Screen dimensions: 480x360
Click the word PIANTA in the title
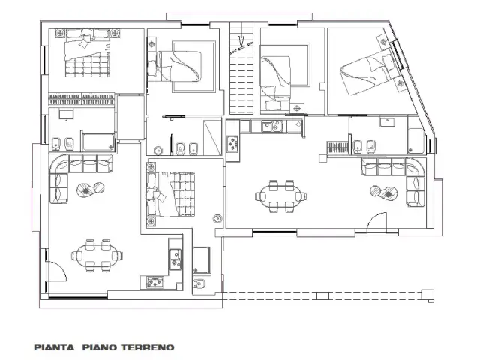(54, 347)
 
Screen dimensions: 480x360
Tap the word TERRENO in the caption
(148, 347)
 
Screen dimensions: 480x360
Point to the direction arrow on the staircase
(241, 42)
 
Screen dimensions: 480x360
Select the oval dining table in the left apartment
(97, 256)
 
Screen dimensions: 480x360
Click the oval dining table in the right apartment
(280, 196)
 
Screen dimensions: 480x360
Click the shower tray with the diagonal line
(211, 137)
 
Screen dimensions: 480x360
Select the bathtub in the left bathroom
(98, 142)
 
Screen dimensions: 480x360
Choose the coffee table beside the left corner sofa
(91, 190)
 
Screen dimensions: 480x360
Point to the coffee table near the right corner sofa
(384, 192)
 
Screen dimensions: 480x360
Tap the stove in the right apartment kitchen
(232, 143)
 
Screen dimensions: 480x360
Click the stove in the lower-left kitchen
(155, 282)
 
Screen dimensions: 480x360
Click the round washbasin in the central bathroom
(158, 151)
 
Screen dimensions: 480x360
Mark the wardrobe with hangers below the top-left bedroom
(82, 99)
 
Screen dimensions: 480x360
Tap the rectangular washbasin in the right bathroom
(387, 121)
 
